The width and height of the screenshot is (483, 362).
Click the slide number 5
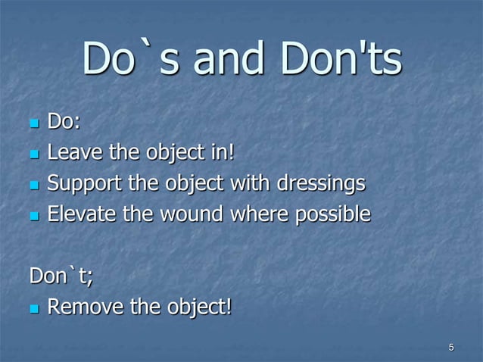pos(451,348)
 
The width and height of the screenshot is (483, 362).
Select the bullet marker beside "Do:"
pos(34,123)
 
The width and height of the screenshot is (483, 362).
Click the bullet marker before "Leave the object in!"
pos(34,154)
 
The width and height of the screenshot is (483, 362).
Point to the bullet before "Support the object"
pos(34,185)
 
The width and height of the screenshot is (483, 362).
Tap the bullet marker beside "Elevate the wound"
pos(34,216)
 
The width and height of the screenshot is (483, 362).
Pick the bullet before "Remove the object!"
pos(34,308)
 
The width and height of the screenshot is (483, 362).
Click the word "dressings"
pos(325,184)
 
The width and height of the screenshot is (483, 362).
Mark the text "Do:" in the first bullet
pos(64,123)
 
